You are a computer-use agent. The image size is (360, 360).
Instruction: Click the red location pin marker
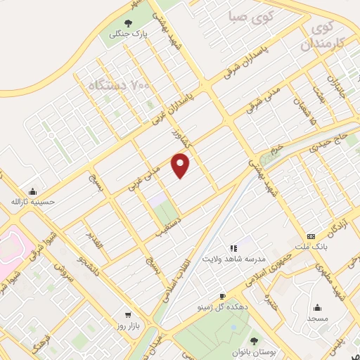coord(181,166)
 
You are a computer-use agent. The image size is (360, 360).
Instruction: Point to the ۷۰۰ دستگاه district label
coord(120,86)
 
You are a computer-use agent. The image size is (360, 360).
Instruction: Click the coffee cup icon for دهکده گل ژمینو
coord(223,297)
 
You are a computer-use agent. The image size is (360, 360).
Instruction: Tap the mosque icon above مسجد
coord(317,307)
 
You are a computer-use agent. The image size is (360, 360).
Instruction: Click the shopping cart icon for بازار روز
coord(127,315)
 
